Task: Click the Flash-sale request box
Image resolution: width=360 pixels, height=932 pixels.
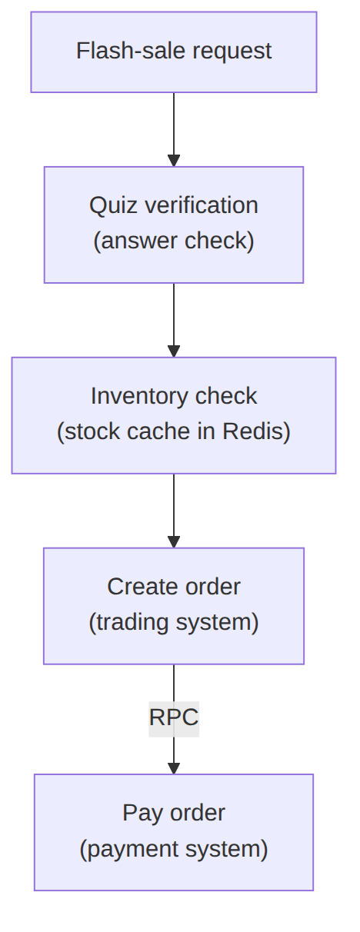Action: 174,52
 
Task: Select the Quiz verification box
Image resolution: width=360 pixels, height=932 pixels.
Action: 174,225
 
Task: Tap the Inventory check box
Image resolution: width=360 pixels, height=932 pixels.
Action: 174,415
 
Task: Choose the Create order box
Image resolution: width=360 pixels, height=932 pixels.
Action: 174,606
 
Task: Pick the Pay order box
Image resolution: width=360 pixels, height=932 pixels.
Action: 174,832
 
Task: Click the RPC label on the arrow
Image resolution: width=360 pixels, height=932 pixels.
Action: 174,717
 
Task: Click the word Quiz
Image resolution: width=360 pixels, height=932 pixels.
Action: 113,205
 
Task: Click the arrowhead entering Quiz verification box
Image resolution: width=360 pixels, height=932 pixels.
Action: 174,161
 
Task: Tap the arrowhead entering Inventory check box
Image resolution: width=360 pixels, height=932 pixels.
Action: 174,351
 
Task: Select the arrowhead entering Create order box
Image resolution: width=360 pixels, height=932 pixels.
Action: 174,541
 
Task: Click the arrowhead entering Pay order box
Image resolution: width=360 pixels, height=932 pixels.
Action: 174,768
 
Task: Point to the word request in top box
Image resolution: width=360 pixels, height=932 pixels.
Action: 232,52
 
